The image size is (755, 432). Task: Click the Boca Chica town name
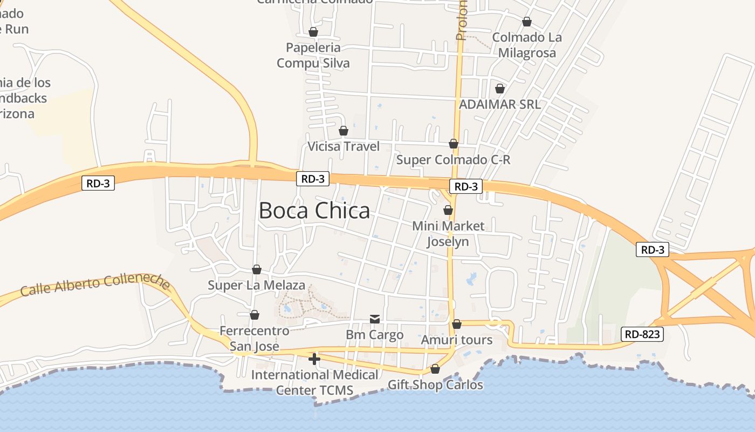[314, 211]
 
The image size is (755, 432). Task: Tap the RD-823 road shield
[642, 334]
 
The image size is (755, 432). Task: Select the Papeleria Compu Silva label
[313, 55]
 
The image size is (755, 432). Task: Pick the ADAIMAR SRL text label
[499, 104]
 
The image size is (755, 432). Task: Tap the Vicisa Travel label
[344, 146]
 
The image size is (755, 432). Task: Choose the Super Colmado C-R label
[453, 160]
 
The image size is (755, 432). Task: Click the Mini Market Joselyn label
[448, 233]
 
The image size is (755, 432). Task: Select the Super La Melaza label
[257, 285]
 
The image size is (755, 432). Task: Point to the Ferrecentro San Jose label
[255, 338]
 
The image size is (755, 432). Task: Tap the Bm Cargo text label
[374, 335]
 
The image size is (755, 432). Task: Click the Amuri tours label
[457, 340]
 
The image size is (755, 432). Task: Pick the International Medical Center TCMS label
[314, 382]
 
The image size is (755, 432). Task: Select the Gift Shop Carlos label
[435, 385]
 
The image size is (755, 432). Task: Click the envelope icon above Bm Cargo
[375, 319]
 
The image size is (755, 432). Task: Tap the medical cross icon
[314, 359]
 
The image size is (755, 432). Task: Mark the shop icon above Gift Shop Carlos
[435, 369]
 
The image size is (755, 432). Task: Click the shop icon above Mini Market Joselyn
[448, 210]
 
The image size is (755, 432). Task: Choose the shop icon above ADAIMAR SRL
[500, 89]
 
